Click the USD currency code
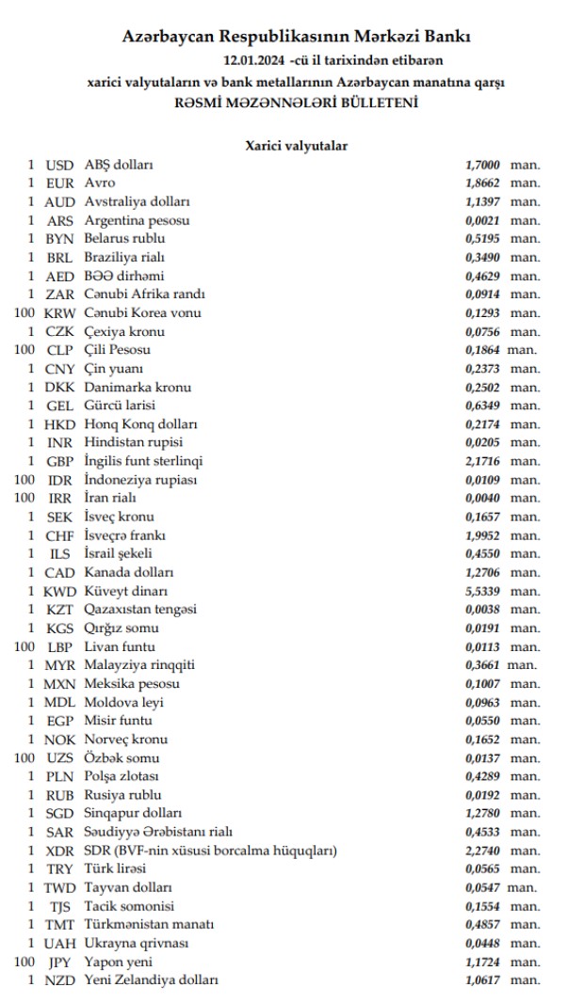click(59, 165)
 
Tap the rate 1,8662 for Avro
click(482, 183)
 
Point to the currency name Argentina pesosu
click(138, 220)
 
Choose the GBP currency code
click(59, 461)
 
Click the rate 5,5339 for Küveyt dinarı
click(482, 591)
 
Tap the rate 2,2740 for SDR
click(482, 851)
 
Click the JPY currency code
click(59, 962)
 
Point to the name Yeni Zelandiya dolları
click(152, 980)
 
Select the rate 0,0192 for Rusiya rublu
click(482, 795)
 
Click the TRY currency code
click(59, 869)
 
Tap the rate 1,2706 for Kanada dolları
click(482, 572)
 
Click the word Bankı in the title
click(444, 38)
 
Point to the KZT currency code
click(59, 610)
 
